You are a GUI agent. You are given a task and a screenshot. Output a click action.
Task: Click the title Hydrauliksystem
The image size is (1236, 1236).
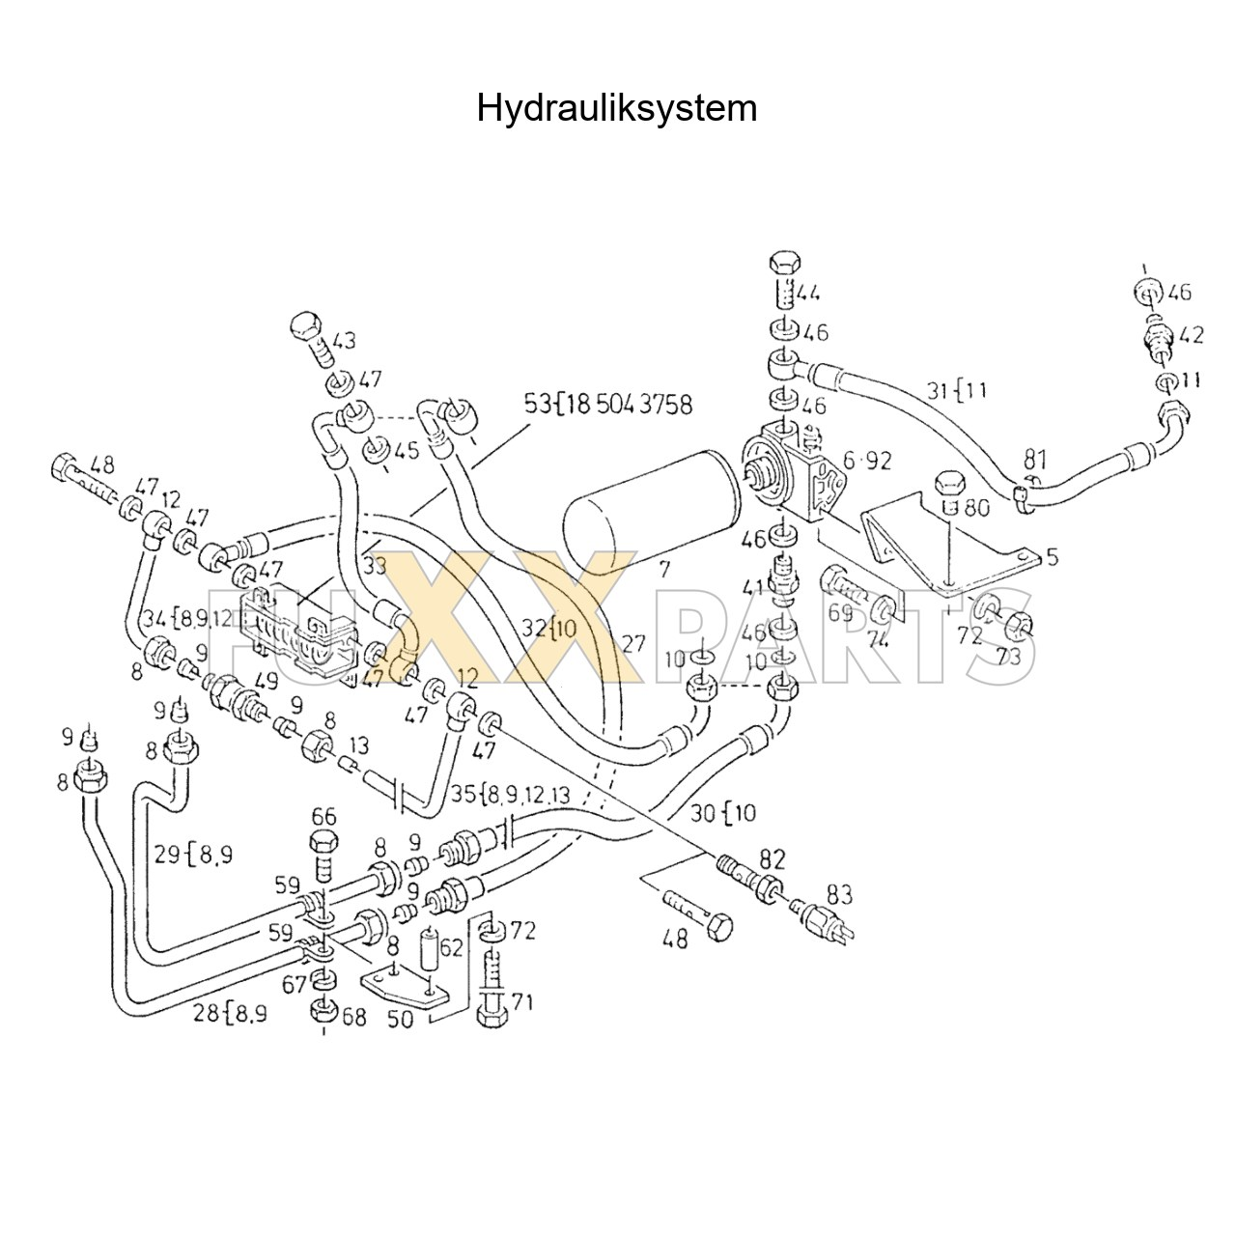(x=616, y=108)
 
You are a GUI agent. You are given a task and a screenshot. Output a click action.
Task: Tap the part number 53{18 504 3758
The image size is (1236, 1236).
(x=608, y=404)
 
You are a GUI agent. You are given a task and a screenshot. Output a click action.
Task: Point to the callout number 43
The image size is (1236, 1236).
(x=343, y=341)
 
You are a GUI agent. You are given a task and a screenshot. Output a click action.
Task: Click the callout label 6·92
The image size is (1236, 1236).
(x=866, y=461)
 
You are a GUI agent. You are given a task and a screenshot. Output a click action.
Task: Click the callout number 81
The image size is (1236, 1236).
(x=1036, y=458)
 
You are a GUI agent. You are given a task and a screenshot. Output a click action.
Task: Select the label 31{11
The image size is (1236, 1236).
(x=957, y=390)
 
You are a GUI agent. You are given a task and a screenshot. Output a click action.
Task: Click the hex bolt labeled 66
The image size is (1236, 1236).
(x=325, y=850)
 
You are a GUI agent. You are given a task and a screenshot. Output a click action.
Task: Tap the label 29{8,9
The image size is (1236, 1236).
(x=192, y=854)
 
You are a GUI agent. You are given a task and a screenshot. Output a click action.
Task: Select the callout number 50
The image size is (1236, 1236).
(x=401, y=1018)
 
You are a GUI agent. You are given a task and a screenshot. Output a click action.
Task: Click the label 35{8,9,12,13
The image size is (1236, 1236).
(x=511, y=794)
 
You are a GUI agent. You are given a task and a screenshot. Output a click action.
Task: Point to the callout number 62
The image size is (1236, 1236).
(x=451, y=947)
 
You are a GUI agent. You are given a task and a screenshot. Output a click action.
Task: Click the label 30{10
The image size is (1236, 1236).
(x=723, y=813)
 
